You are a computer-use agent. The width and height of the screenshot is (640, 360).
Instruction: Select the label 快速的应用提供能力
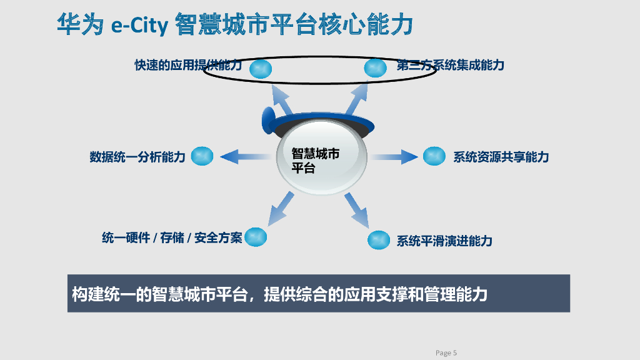click(x=187, y=65)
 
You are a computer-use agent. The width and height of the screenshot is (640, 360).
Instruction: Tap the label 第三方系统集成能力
click(x=450, y=65)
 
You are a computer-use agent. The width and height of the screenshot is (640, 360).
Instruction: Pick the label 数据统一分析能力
click(x=137, y=157)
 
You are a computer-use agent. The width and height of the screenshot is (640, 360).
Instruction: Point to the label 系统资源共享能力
click(x=501, y=157)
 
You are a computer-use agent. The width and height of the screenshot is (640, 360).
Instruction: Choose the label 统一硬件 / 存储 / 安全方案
click(x=172, y=238)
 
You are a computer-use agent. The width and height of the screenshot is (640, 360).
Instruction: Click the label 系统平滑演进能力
click(x=444, y=241)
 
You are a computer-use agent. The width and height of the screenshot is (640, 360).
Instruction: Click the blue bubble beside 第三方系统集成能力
click(x=375, y=67)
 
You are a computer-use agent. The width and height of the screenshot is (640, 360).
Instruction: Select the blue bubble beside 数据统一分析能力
click(x=202, y=156)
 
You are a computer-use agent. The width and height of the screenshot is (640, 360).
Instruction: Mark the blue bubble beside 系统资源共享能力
click(x=434, y=156)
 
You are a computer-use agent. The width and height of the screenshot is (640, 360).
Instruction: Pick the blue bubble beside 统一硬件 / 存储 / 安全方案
click(x=256, y=237)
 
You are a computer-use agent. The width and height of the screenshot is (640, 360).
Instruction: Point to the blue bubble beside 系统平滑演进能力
click(x=379, y=239)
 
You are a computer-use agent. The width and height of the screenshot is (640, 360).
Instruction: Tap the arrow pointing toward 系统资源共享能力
click(x=394, y=156)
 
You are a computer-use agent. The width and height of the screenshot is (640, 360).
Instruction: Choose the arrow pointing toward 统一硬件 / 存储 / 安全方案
click(x=281, y=207)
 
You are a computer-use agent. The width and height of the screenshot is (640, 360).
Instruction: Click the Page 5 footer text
click(x=446, y=353)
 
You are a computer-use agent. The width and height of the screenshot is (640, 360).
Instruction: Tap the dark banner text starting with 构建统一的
click(x=279, y=294)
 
